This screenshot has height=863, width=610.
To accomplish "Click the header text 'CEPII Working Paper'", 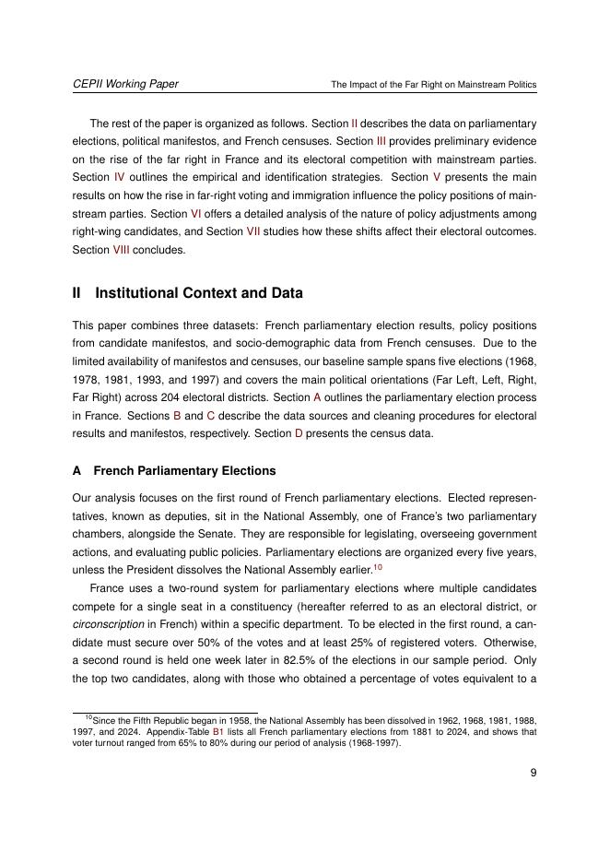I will [125, 84].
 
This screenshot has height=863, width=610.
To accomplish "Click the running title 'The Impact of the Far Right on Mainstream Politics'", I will [433, 85].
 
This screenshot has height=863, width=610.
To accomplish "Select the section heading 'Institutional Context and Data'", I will [198, 293].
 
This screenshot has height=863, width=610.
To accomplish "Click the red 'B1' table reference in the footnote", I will [218, 732].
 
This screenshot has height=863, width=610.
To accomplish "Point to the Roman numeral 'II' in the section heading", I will [77, 293].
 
